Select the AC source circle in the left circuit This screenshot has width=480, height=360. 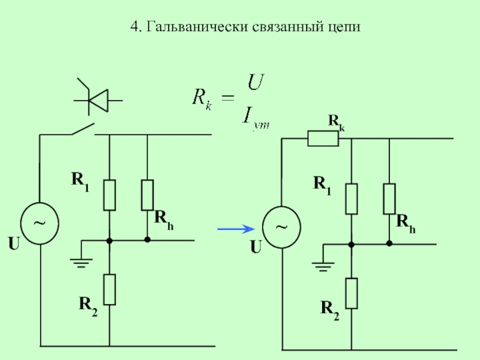click(x=40, y=223)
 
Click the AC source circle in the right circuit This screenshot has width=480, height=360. click(x=281, y=227)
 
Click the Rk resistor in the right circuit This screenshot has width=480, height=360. click(x=323, y=139)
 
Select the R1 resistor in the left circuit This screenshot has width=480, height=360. click(x=109, y=194)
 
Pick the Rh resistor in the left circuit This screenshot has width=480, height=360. click(x=148, y=194)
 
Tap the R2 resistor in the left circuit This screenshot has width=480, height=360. click(x=109, y=289)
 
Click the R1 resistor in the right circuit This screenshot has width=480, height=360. click(x=352, y=199)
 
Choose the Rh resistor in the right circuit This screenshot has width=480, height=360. click(x=390, y=199)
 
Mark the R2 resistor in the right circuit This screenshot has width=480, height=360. click(x=352, y=293)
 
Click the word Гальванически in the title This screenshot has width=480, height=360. click(x=187, y=28)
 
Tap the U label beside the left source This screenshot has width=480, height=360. click(x=14, y=244)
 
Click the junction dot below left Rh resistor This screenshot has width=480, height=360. click(x=148, y=240)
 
